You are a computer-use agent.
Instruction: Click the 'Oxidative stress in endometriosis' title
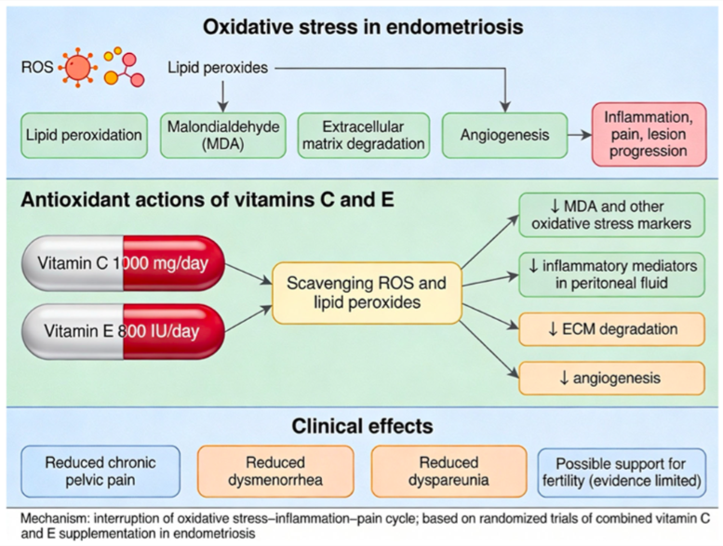(361, 27)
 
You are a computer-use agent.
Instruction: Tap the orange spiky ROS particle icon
(76, 68)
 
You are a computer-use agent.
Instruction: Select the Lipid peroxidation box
(83, 136)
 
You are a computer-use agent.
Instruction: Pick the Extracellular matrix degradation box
(363, 136)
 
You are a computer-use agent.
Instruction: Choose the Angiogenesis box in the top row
(504, 136)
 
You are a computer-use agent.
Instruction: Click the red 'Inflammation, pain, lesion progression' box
(646, 136)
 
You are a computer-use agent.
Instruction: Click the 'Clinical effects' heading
(361, 427)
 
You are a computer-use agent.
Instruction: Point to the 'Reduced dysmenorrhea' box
(275, 471)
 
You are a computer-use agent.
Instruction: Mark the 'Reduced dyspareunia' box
(448, 471)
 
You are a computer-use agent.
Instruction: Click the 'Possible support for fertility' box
(622, 471)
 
